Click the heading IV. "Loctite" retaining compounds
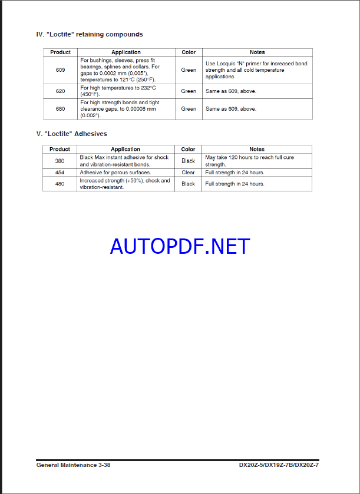(90, 35)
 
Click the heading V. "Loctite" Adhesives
(71, 134)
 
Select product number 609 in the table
(60, 70)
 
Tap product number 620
(60, 91)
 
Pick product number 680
(60, 109)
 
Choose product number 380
(60, 161)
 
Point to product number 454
(60, 173)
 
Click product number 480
(60, 184)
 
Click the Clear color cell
(188, 173)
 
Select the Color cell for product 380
(188, 161)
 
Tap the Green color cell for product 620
(189, 91)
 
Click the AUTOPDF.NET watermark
(180, 246)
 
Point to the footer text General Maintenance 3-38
(73, 465)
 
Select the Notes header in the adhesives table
(257, 150)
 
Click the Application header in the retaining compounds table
(126, 52)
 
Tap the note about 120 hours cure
(249, 161)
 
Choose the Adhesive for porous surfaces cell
(115, 173)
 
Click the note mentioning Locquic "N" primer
(256, 70)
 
